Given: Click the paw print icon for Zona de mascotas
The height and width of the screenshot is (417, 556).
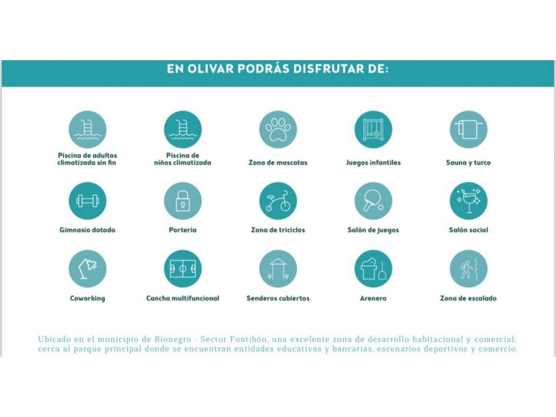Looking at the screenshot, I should coord(278,129).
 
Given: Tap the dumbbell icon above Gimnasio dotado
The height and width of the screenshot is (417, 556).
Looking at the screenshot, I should coord(87,201).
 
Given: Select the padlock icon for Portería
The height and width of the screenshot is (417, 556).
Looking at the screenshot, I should coord(183,201).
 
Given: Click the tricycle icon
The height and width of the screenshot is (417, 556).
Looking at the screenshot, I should coord(278,201).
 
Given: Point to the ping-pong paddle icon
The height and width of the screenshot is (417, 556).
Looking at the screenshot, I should coord(373,201).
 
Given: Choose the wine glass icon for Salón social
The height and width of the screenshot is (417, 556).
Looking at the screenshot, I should coord(469,201).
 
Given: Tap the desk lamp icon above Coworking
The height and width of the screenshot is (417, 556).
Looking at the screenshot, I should coord(87,269).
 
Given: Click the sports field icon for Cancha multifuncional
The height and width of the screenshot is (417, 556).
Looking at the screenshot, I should coord(183,269).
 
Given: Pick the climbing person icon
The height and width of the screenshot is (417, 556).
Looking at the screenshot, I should coord(469,269).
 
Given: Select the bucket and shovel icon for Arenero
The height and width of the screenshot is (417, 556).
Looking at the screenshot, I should coord(373,269).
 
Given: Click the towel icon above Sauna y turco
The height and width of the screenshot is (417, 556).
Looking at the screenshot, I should coord(469,129).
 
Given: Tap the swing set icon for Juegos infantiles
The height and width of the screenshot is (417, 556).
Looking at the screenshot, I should coord(373,129).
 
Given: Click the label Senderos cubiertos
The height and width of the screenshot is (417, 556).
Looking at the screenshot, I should coord(278,299).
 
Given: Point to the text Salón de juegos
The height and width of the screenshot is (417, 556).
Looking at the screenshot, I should coord(373,230).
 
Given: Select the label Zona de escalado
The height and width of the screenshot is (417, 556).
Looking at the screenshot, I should coord(469,299).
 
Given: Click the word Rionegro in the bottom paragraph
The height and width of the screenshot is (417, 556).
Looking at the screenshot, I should coord(170,339).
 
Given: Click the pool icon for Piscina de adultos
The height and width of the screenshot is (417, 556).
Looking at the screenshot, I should coord(87,129).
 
